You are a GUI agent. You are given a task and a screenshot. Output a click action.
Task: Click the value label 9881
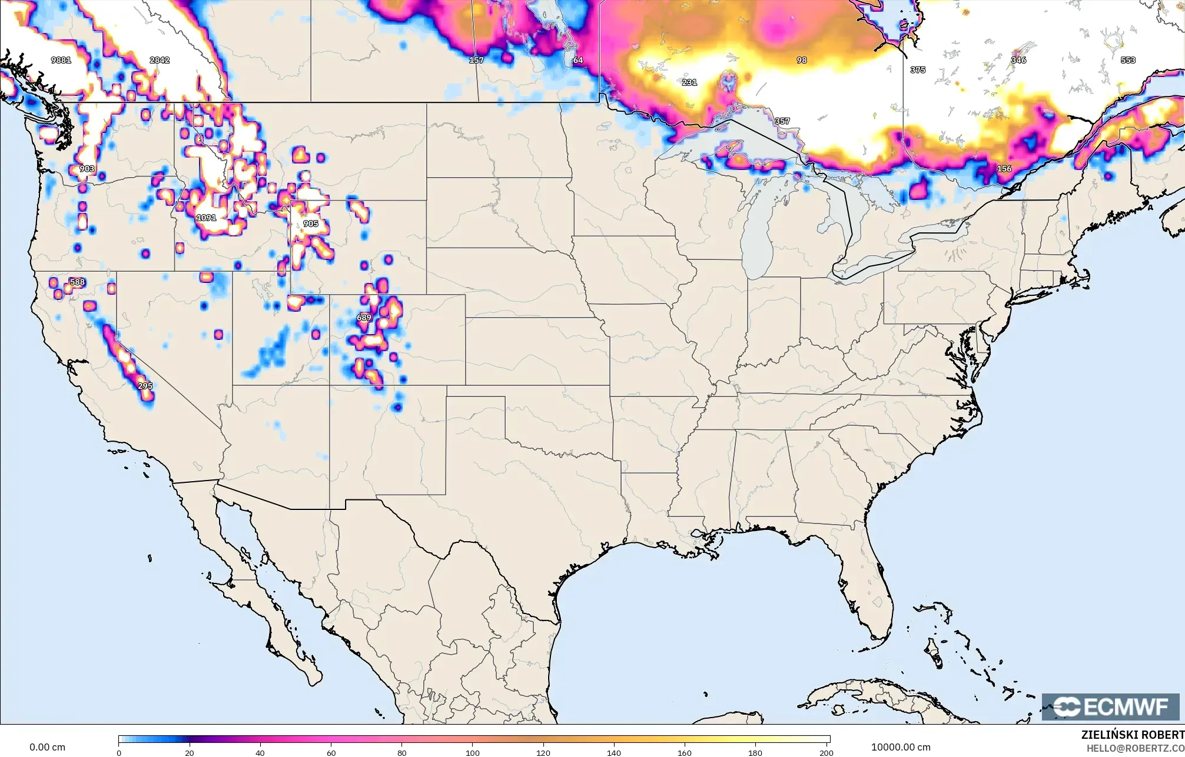tap(61, 60)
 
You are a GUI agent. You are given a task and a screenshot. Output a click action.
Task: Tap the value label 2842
tap(160, 60)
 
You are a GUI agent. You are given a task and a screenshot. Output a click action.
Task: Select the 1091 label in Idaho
tap(206, 218)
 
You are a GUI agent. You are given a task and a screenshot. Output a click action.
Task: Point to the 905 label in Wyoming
tap(310, 224)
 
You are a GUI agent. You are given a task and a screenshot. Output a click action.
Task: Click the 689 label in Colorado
tap(364, 318)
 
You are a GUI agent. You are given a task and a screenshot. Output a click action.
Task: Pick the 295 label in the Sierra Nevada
tap(145, 386)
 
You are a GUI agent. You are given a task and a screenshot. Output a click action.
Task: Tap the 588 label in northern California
tap(77, 282)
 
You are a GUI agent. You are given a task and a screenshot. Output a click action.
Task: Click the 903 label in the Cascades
tap(87, 169)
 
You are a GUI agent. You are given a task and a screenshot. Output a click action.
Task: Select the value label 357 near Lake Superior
tap(782, 121)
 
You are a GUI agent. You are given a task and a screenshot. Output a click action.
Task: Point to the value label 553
tap(1128, 60)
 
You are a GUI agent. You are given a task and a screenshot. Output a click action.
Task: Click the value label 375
tap(918, 70)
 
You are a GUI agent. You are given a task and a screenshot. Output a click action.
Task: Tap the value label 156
tap(1004, 169)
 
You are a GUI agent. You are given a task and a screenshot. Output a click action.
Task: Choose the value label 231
tap(689, 82)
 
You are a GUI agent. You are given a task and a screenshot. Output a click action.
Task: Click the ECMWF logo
tap(1110, 707)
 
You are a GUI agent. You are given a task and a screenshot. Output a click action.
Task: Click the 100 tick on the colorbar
tap(473, 752)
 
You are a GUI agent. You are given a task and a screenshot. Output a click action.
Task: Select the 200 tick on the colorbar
tap(826, 752)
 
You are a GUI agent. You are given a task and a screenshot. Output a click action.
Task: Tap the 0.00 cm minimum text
tap(47, 747)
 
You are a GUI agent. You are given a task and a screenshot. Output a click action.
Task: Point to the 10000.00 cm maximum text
tap(901, 747)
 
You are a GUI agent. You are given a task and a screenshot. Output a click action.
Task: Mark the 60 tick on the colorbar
tap(331, 752)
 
